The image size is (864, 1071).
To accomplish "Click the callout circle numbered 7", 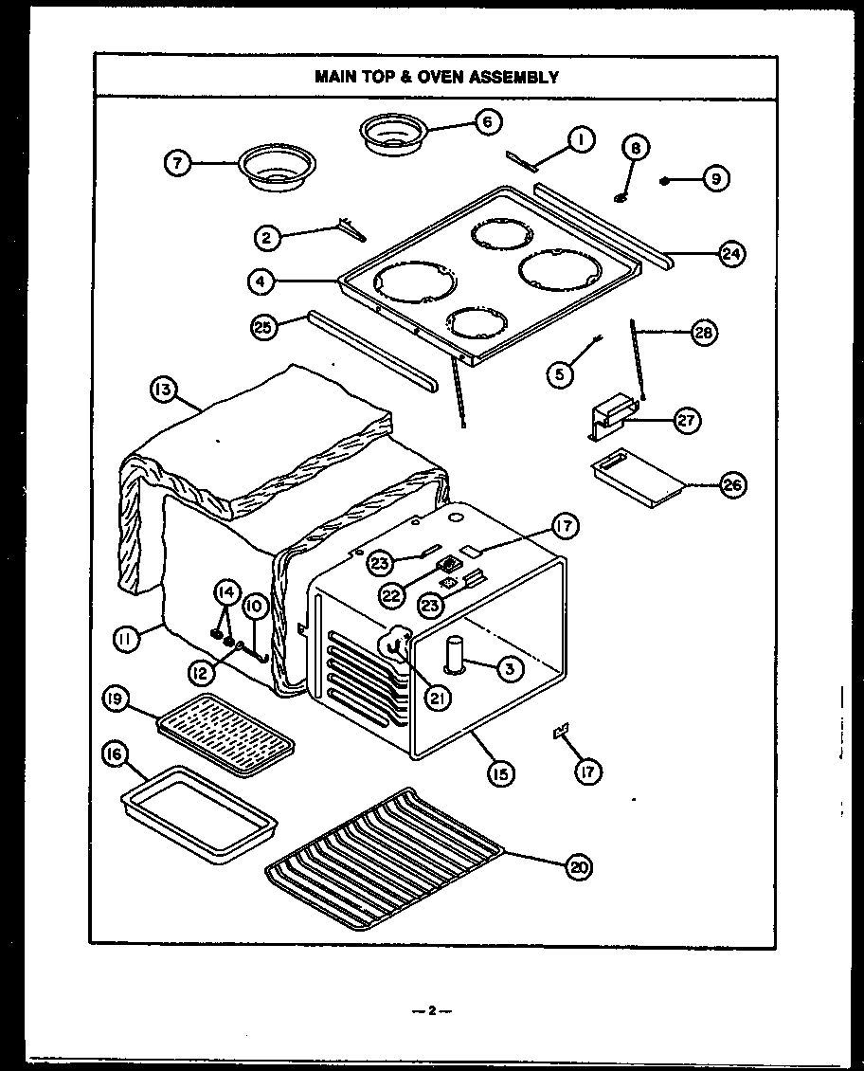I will [x=174, y=162].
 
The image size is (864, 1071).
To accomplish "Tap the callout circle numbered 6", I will [x=488, y=121].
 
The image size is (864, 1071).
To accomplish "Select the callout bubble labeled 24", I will [x=731, y=253].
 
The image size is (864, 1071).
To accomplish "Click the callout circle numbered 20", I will [x=574, y=865].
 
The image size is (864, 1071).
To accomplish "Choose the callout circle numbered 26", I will [x=732, y=485].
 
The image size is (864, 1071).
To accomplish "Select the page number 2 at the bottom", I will [x=431, y=1010].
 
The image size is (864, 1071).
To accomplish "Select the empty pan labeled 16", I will [x=201, y=810].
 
